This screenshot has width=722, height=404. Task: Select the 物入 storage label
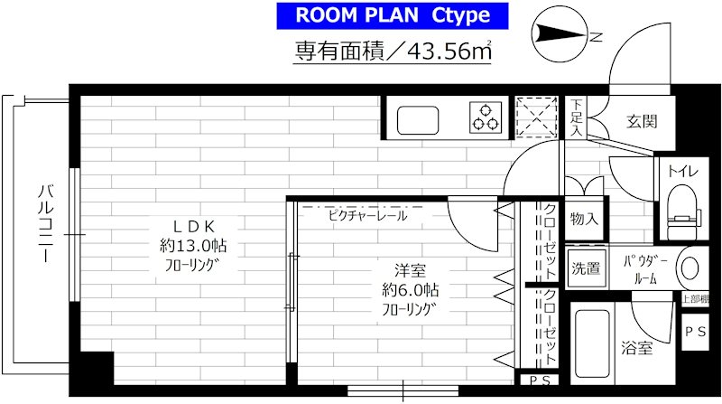(584, 219)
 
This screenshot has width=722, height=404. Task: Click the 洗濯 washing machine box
(585, 268)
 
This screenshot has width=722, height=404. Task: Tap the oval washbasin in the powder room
(690, 268)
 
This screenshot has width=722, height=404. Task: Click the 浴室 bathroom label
(636, 347)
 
